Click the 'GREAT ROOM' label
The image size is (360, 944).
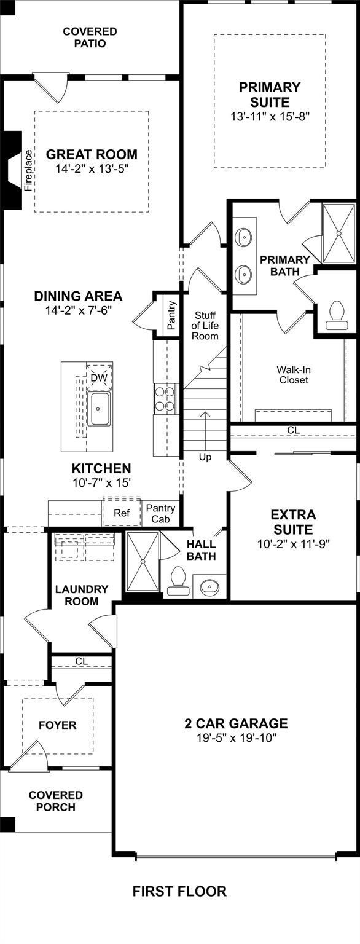pyautogui.click(x=92, y=154)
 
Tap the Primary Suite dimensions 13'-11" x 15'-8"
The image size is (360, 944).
pyautogui.click(x=270, y=117)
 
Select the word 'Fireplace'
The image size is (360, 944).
pyautogui.click(x=28, y=171)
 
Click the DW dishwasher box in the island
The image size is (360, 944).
pyautogui.click(x=100, y=377)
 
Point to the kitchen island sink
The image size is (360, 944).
pyautogui.click(x=100, y=409)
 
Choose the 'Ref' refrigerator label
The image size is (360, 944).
pyautogui.click(x=122, y=513)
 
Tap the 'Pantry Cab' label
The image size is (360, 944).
pyautogui.click(x=160, y=513)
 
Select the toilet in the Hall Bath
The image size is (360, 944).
pyautogui.click(x=178, y=580)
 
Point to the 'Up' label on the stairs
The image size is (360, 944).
pyautogui.click(x=205, y=457)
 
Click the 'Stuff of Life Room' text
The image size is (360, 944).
pyautogui.click(x=205, y=326)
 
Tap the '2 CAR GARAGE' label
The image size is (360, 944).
pyautogui.click(x=236, y=724)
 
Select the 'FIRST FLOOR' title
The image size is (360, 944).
pyautogui.click(x=180, y=891)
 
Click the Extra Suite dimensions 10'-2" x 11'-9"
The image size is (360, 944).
pyautogui.click(x=293, y=544)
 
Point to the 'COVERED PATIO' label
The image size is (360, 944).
pyautogui.click(x=90, y=37)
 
